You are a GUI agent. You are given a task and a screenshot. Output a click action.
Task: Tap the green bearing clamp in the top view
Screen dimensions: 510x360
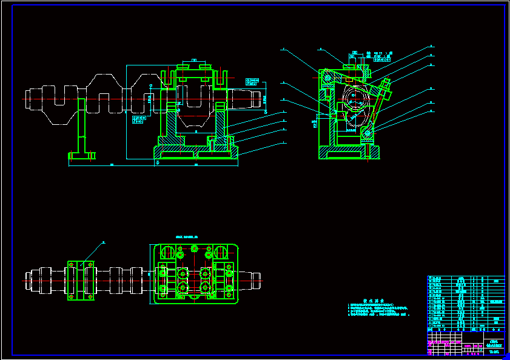(x=81, y=280)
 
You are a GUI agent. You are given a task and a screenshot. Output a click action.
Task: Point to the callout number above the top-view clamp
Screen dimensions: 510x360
(x=103, y=242)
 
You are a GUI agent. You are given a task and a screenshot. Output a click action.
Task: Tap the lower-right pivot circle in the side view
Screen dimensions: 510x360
(x=367, y=133)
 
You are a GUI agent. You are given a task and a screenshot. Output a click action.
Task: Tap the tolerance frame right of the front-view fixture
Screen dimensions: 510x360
(x=253, y=81)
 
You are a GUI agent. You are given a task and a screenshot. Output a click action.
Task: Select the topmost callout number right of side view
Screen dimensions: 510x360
(x=432, y=46)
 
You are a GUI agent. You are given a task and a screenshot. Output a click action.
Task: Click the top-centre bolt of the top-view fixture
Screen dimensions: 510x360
(x=194, y=248)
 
